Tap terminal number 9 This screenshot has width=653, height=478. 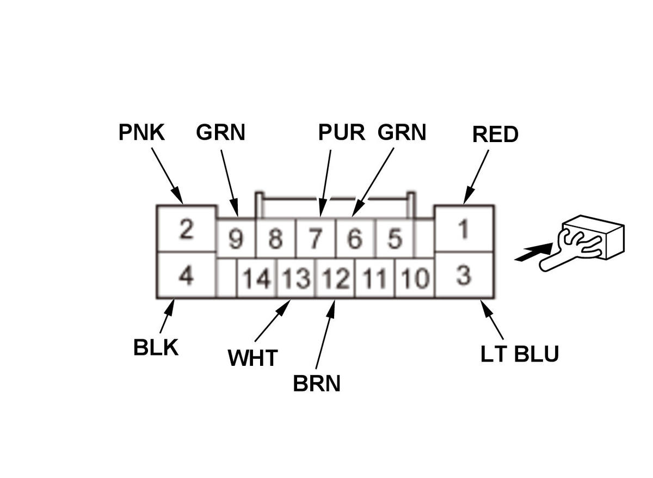pos(236,239)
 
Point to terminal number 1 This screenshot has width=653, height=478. pos(464,229)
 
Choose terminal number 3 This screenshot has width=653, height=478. pos(464,275)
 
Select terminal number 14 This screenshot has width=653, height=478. pos(257,279)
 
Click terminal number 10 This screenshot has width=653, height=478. pos(415,279)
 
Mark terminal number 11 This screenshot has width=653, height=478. pos(374,279)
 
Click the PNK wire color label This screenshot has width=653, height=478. pos(141,132)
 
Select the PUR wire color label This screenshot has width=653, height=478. pos(341,132)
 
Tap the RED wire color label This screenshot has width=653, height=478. pos(495,134)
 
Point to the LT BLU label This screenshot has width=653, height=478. pos(519,354)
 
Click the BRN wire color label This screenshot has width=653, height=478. pos(317,384)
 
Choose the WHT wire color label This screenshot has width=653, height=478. pos(252,358)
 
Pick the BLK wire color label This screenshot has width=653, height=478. pos(156,347)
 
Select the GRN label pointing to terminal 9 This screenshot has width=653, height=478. pos(220,132)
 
